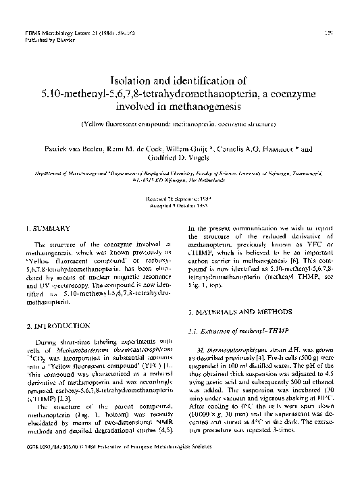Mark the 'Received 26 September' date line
(180, 199)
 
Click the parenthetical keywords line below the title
(180, 125)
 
